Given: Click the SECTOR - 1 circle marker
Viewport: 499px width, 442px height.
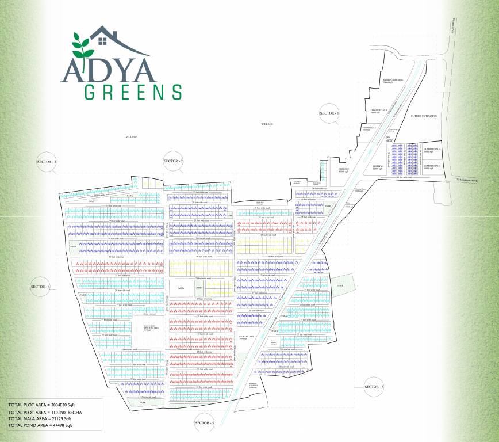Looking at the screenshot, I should [329, 114].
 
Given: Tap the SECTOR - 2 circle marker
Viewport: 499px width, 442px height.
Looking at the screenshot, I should [174, 161].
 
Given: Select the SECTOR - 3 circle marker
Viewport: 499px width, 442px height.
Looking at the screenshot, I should [47, 162].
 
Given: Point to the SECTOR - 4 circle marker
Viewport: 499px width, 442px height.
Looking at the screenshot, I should [40, 287].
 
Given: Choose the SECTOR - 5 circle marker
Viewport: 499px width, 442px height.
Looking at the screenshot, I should [204, 423].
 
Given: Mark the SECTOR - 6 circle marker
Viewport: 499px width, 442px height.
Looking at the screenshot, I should [374, 387].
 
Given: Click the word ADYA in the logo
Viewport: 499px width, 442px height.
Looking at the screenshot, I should [109, 69].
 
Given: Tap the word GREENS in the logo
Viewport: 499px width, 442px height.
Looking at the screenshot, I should [133, 92].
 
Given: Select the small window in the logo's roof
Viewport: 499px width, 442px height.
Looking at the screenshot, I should [103, 40].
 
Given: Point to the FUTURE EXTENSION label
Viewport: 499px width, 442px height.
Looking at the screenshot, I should [424, 116].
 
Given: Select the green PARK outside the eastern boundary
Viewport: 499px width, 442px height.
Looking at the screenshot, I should [341, 285].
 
